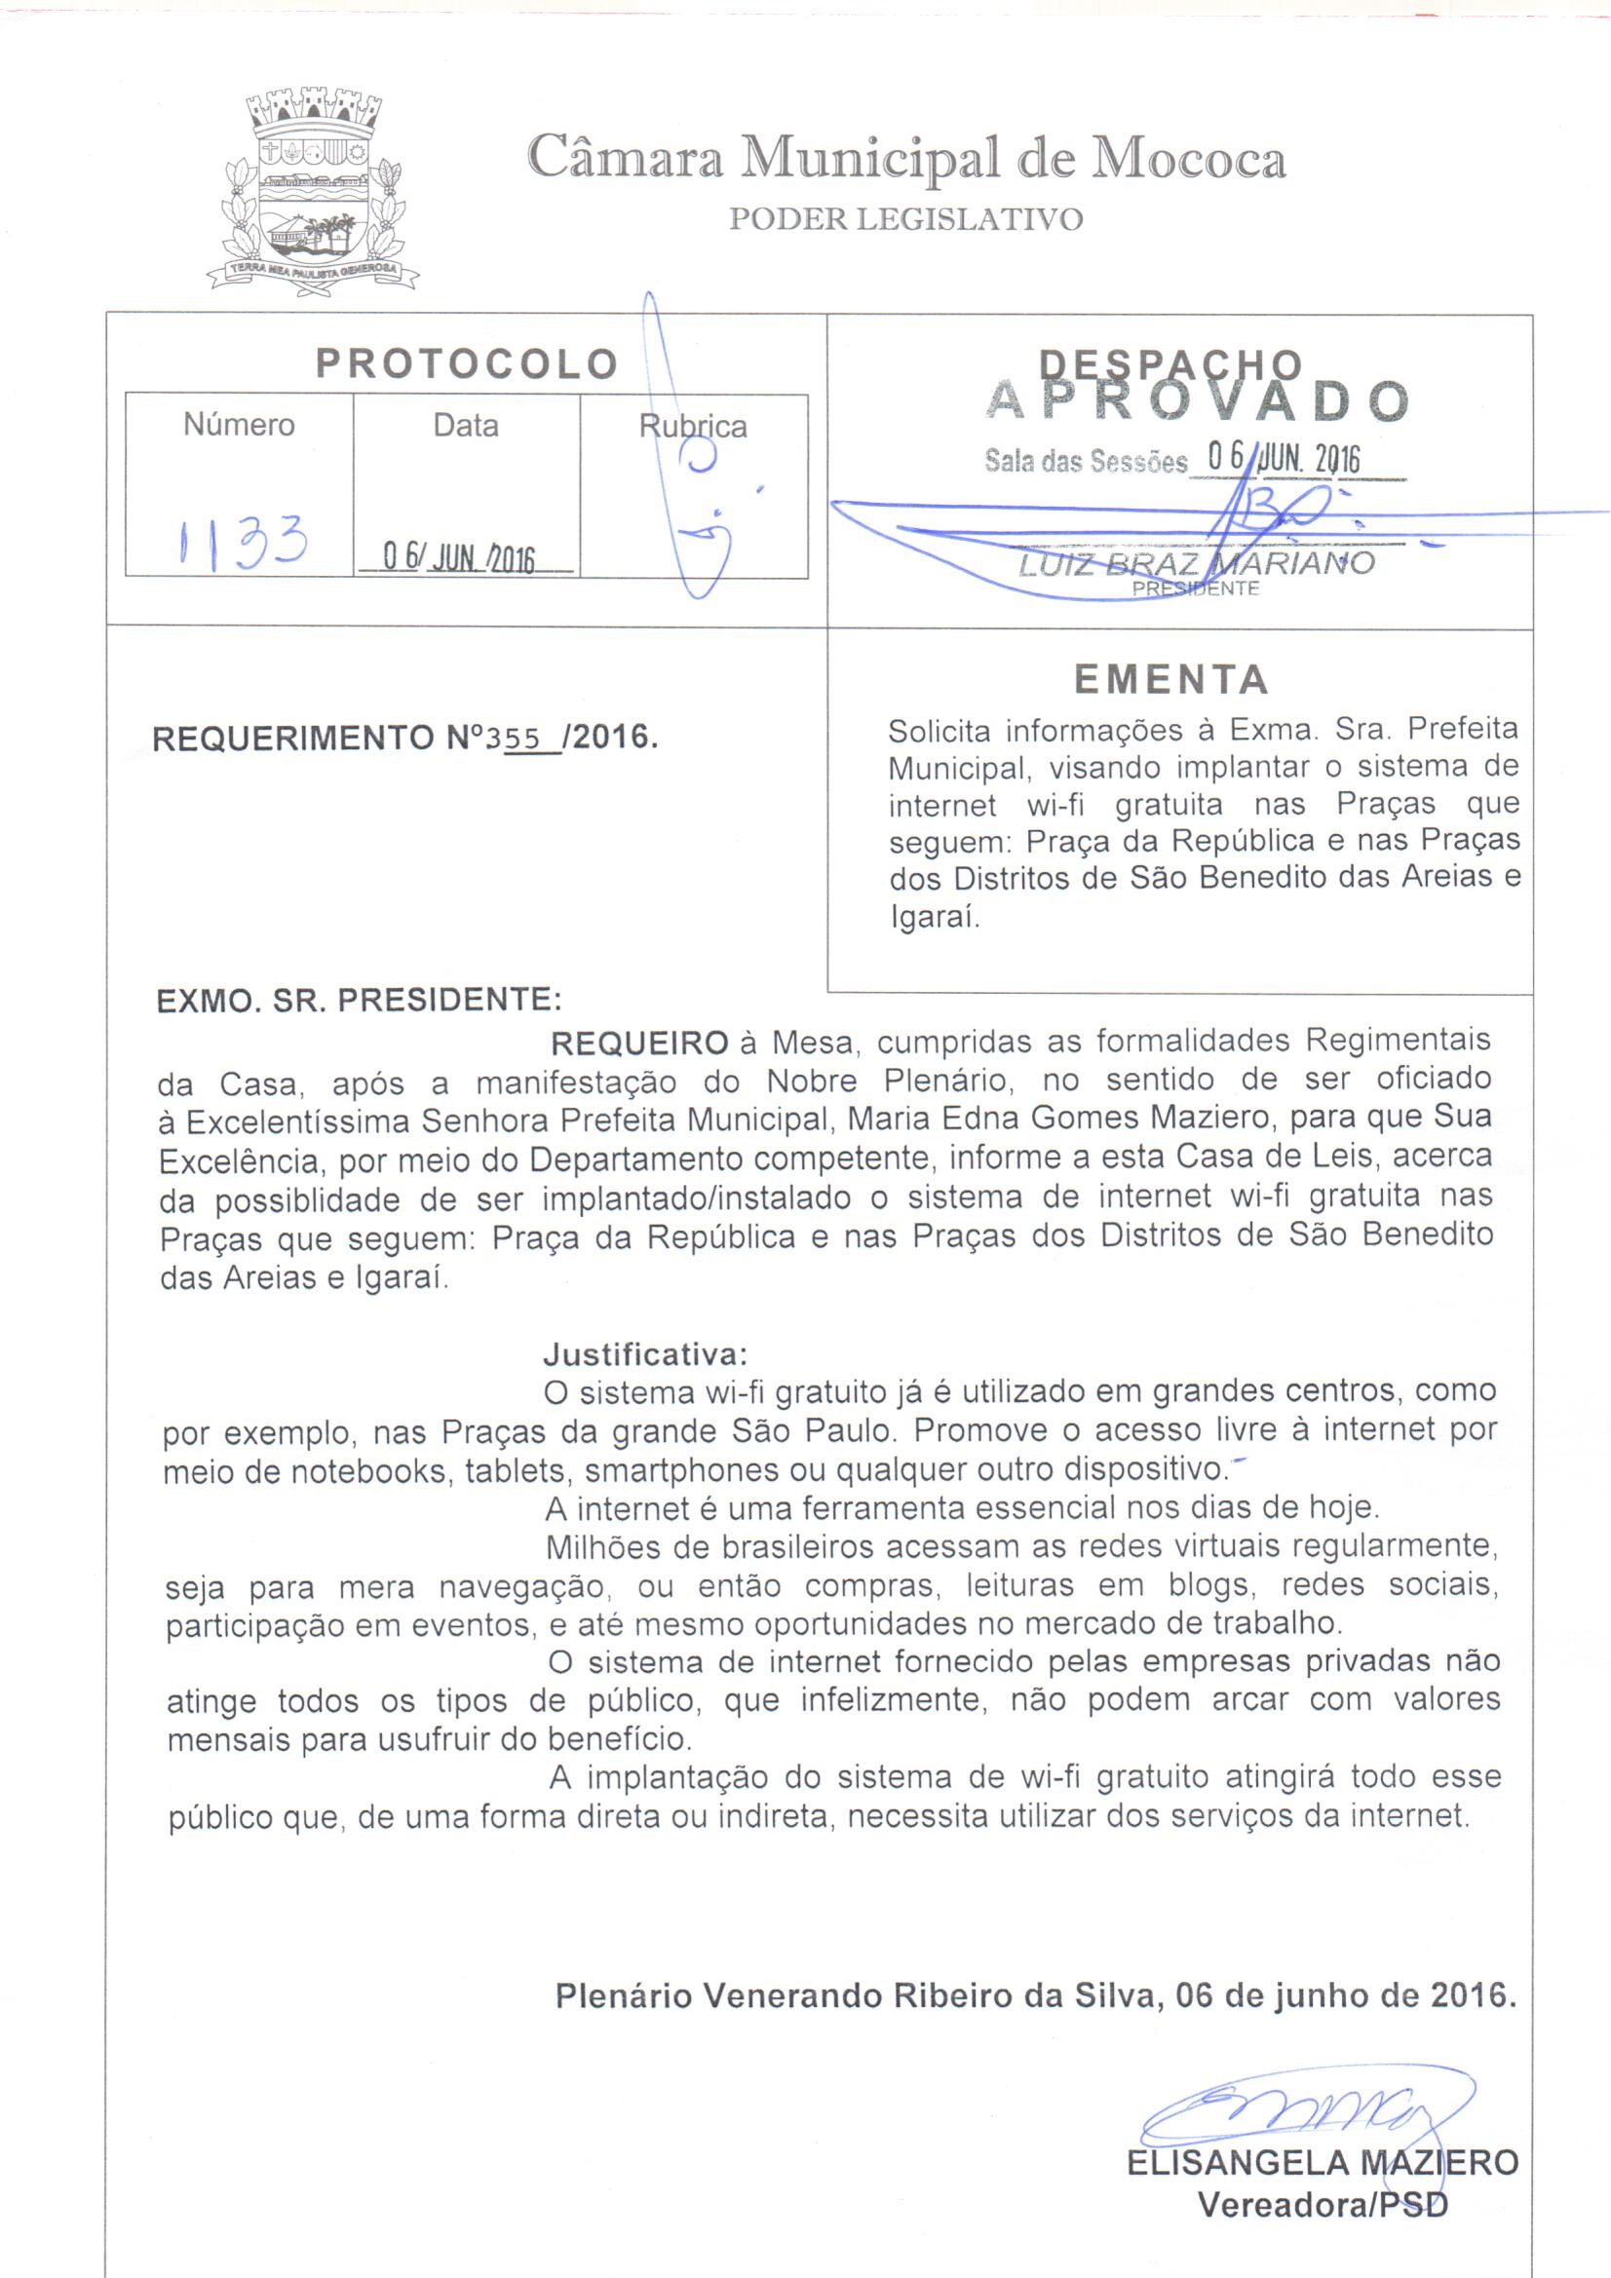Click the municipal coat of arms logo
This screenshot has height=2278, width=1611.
pyautogui.click(x=313, y=188)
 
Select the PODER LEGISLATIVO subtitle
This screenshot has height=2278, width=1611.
pyautogui.click(x=905, y=219)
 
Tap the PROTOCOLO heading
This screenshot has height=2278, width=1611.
pyautogui.click(x=467, y=364)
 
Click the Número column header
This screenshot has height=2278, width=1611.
pyautogui.click(x=239, y=425)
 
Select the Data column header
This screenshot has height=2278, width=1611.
pyautogui.click(x=466, y=426)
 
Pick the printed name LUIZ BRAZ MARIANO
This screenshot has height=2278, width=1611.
pyautogui.click(x=1195, y=563)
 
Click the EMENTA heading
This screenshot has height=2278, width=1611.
pyautogui.click(x=1171, y=680)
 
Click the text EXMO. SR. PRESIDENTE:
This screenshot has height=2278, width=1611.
pyautogui.click(x=360, y=999)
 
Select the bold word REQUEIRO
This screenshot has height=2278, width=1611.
pyautogui.click(x=639, y=1044)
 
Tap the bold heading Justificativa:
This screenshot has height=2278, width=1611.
pyautogui.click(x=645, y=1354)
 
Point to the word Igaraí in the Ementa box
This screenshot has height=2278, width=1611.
pyautogui.click(x=933, y=918)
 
